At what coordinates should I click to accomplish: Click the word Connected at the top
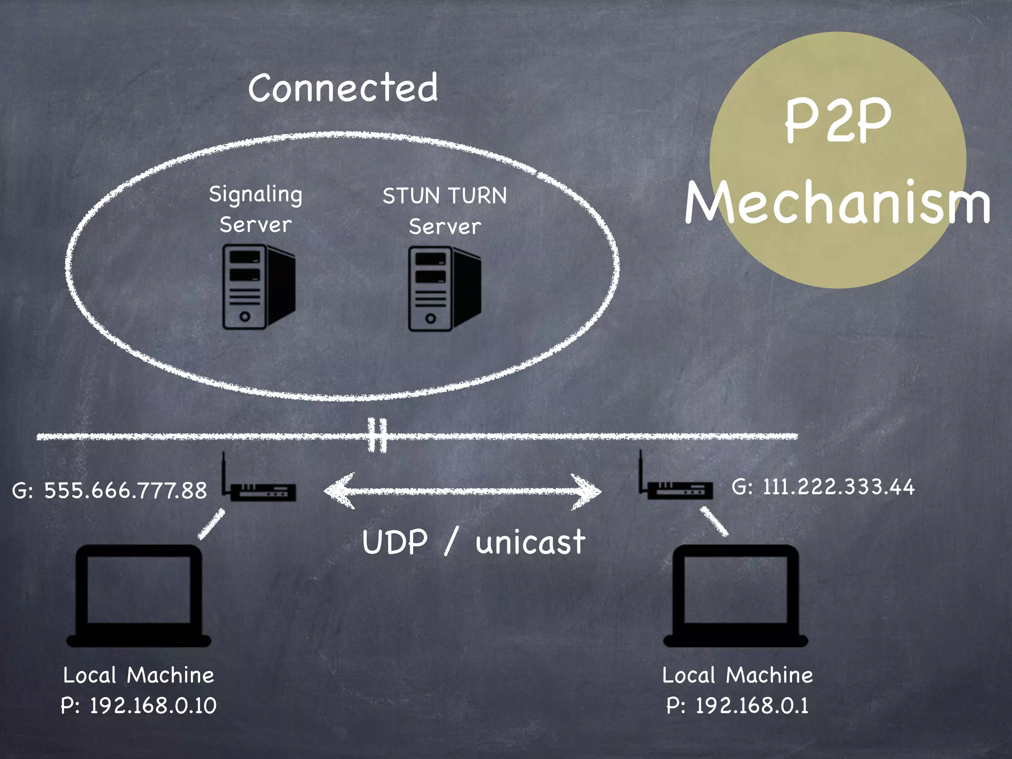(343, 88)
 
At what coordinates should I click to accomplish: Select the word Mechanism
(838, 203)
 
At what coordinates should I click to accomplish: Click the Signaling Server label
(255, 210)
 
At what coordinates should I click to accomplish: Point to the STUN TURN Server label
(445, 211)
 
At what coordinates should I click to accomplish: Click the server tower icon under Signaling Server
(258, 287)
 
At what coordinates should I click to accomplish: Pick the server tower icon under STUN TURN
(444, 289)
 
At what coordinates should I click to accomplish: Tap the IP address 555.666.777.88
(126, 491)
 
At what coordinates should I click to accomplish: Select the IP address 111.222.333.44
(838, 487)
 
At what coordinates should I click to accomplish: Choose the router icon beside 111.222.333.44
(679, 487)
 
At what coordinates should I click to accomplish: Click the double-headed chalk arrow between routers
(463, 491)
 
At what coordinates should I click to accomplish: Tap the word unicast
(530, 543)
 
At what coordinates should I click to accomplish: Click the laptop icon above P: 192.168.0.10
(139, 595)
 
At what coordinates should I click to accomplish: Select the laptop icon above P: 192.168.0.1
(735, 595)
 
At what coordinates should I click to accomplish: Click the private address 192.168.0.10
(153, 706)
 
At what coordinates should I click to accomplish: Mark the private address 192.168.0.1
(752, 706)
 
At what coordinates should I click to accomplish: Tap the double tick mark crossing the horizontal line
(378, 435)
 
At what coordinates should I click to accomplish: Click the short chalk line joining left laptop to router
(211, 525)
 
